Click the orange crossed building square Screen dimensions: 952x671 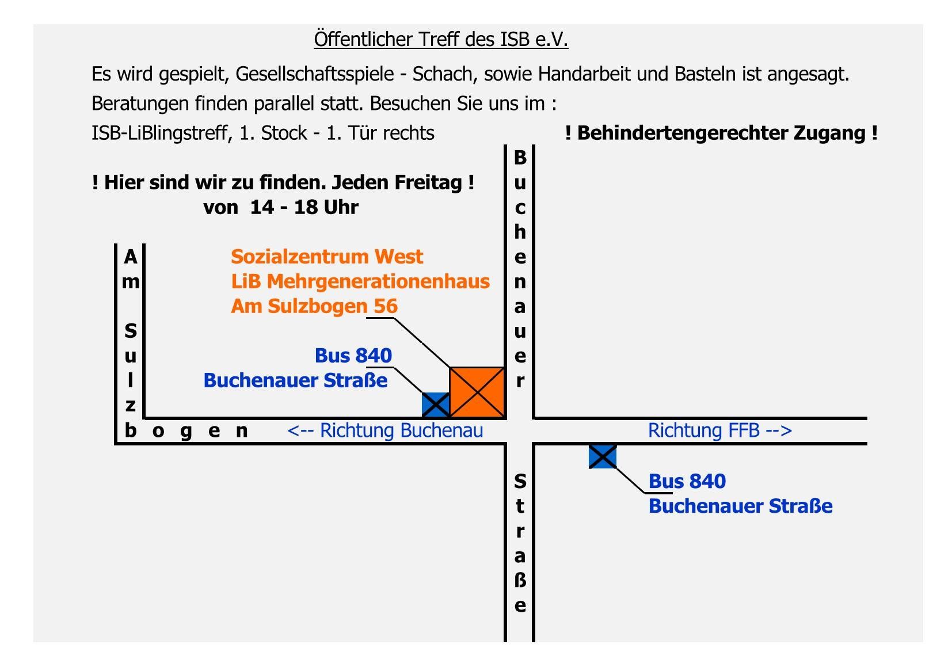coord(477,392)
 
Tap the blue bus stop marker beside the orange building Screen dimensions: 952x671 coord(436,405)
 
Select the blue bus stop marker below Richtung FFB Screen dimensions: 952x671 coord(603,457)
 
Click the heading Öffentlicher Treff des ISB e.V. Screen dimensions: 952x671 coord(441,40)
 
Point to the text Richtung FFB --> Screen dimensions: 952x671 coord(720,430)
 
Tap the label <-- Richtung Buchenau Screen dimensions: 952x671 coord(386,430)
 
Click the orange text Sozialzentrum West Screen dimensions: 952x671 coord(327,257)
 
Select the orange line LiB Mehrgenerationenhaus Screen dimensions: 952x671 coord(360,281)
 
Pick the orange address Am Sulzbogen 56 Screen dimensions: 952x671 coord(314,306)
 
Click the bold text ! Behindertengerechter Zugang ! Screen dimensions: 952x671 coord(721,133)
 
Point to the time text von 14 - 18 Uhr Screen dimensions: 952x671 coord(281,207)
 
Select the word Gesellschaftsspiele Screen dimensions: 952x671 coord(314,74)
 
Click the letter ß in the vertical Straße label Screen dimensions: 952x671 coord(520,580)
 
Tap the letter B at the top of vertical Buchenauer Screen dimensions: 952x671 coord(520,158)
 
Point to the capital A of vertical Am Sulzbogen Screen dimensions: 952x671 coord(131,257)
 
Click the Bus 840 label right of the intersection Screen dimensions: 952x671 coord(687,482)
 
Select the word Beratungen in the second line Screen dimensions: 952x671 coord(140,104)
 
